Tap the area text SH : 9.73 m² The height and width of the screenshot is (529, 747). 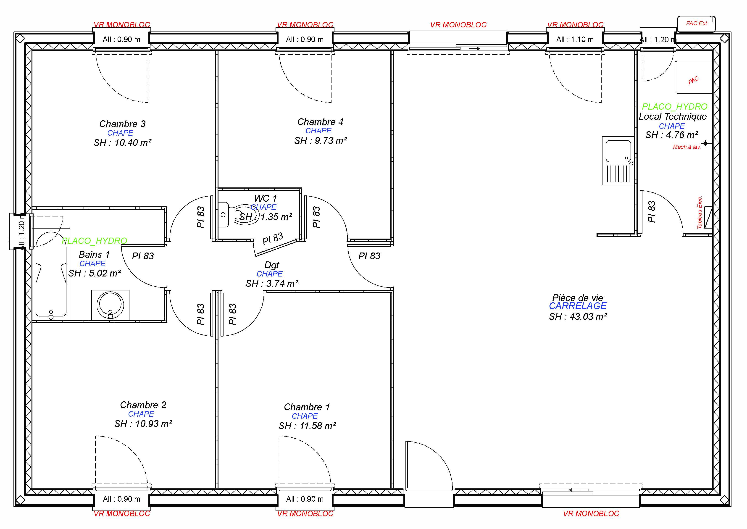(321, 141)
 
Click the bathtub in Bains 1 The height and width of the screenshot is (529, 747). (51, 274)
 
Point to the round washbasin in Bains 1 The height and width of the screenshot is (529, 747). (110, 305)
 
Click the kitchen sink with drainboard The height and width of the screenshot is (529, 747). (618, 161)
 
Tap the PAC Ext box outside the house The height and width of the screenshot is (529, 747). (696, 24)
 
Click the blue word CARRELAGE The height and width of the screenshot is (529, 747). (577, 306)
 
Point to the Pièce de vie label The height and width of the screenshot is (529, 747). (577, 297)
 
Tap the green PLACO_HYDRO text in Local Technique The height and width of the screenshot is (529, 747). (674, 107)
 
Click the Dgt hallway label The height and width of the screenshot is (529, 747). (272, 265)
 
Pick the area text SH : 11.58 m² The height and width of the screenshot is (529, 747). (307, 426)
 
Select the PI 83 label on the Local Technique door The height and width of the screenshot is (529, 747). (652, 212)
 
